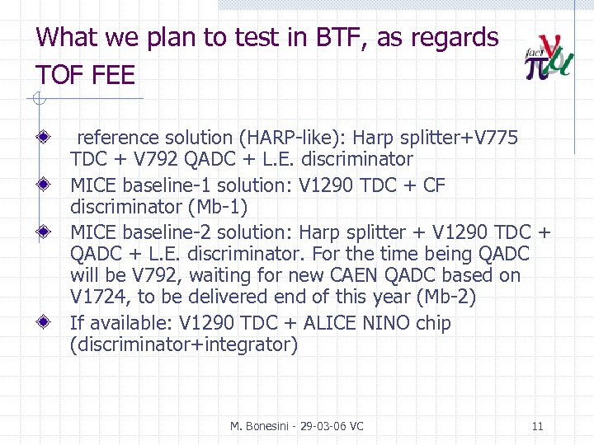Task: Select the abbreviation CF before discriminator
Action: [x=434, y=185]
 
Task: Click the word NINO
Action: [x=387, y=324]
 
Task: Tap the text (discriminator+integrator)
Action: [x=184, y=344]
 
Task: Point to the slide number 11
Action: [x=537, y=427]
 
